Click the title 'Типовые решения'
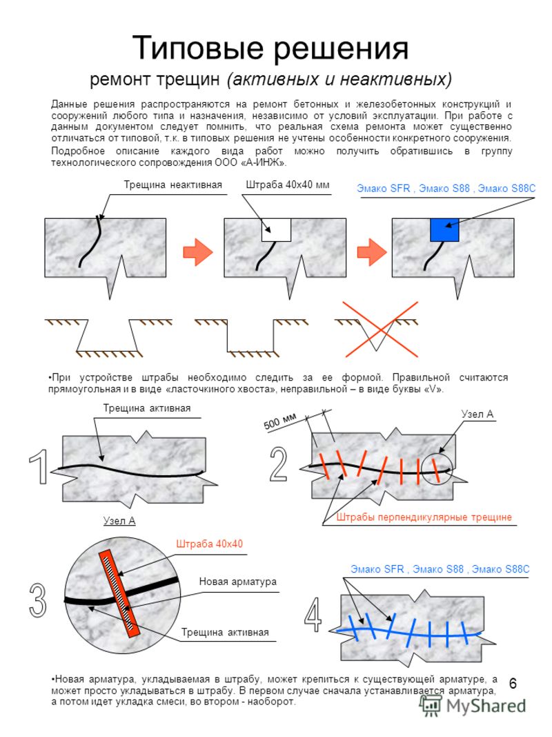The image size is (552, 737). pos(270,48)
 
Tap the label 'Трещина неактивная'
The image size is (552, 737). pos(172,185)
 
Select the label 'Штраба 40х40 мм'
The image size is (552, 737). pos(288,185)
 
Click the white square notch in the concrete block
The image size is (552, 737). pos(276,229)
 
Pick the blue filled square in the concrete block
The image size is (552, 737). pos(444,229)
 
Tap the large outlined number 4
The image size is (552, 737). pos(313,613)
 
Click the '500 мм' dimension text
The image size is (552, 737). pos(279,421)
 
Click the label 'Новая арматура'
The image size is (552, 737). pos(237,582)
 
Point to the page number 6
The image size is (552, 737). pos(513,684)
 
